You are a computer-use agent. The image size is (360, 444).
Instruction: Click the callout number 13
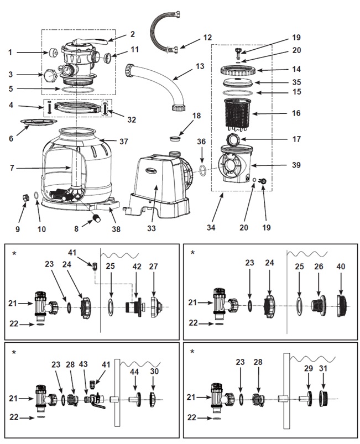(x=200, y=66)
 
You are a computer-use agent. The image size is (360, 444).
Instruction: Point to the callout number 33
(x=152, y=228)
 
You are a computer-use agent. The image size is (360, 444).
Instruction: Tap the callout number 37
(x=123, y=141)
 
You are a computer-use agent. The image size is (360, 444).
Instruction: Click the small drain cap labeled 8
(x=97, y=218)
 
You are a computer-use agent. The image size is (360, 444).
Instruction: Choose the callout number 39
(x=296, y=165)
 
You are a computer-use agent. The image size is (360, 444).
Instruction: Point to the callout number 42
(x=137, y=267)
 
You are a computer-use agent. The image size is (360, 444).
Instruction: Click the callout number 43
(x=84, y=364)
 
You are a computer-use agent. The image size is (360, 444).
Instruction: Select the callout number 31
(x=322, y=368)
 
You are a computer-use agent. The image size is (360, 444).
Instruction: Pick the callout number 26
(x=319, y=267)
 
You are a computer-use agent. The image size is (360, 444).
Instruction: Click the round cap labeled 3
(x=51, y=76)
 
